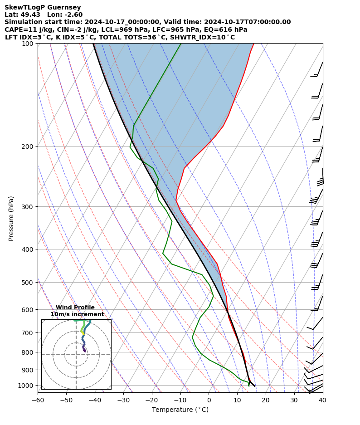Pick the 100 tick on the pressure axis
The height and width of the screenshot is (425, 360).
[28, 44]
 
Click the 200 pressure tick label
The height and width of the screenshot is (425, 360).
[28, 147]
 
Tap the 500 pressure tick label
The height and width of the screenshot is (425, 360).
[28, 283]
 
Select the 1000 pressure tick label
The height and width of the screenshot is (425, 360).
[26, 386]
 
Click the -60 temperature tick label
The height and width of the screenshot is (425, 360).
[38, 400]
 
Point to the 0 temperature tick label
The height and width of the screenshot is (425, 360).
[209, 400]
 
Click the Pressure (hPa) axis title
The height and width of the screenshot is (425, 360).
[11, 218]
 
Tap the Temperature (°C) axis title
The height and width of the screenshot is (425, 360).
[180, 410]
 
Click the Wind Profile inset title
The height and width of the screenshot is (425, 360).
[75, 308]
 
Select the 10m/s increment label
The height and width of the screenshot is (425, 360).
[77, 314]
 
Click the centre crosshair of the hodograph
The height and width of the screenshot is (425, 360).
[76, 354]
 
